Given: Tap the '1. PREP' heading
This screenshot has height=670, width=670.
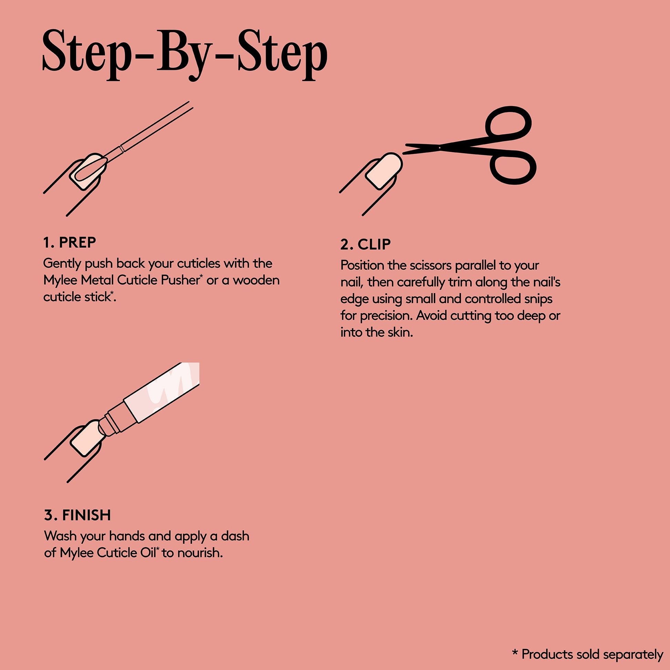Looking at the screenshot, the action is point(70,242).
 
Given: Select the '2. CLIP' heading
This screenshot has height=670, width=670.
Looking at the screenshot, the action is point(366,244).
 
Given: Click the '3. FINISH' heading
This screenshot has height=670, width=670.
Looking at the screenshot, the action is point(77,515).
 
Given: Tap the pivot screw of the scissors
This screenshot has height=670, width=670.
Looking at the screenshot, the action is point(440,147).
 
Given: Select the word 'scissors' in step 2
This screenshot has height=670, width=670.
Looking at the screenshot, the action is point(430,265).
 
